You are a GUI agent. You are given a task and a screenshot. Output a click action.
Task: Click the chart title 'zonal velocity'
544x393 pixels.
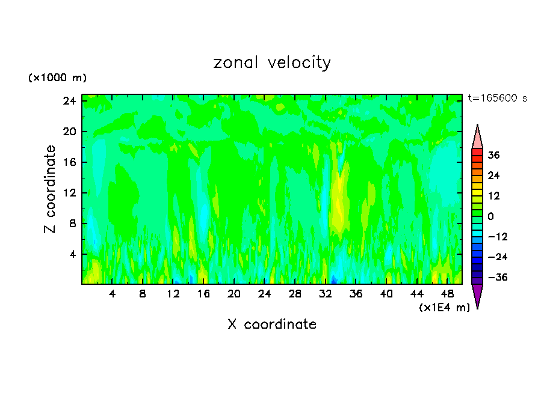[272, 62]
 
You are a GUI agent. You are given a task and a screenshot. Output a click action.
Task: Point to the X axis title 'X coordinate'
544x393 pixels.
[272, 324]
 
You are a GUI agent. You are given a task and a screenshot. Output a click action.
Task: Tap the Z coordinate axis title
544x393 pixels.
[51, 189]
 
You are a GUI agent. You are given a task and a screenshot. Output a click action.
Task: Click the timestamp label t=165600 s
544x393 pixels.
[497, 98]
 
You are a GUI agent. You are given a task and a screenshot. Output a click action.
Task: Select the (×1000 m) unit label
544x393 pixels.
[57, 78]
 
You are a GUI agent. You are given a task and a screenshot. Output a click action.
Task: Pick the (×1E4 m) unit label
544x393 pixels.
[444, 307]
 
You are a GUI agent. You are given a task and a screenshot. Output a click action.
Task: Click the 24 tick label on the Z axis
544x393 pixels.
[69, 101]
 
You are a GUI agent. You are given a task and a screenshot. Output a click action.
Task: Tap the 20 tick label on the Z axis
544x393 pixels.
[69, 132]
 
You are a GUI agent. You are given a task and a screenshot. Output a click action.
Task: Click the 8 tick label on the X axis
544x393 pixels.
[143, 294]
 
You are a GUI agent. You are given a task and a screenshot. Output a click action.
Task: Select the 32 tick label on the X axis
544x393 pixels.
[326, 294]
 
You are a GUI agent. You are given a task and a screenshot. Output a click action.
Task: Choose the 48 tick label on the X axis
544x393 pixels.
[448, 294]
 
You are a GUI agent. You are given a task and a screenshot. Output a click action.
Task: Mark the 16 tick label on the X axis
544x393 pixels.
[203, 294]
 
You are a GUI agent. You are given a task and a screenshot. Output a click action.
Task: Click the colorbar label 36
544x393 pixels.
[493, 155]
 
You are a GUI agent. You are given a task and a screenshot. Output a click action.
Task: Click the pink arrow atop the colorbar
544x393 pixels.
[477, 138]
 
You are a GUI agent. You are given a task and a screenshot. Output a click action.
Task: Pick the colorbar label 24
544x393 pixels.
[493, 175]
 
